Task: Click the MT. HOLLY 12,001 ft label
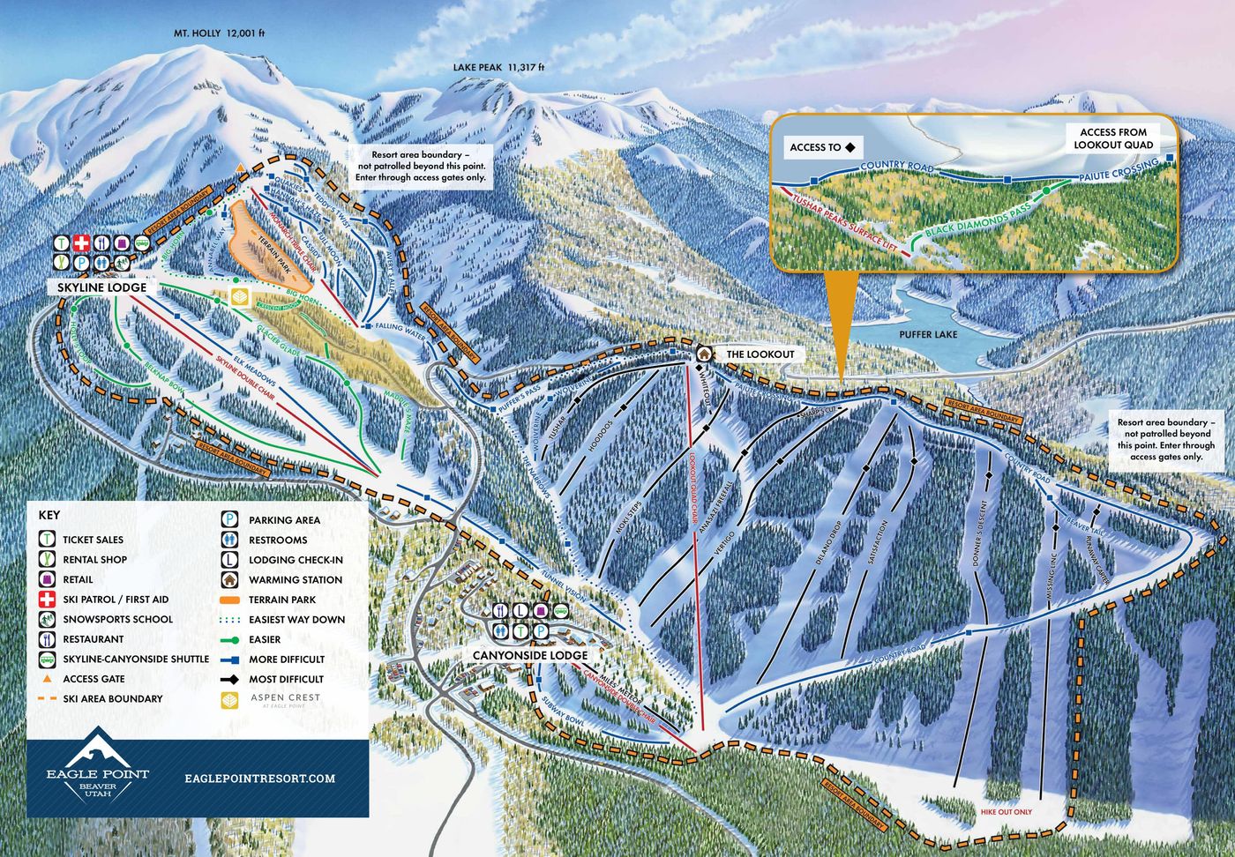pyautogui.click(x=219, y=34)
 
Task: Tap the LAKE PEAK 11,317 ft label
pyautogui.click(x=498, y=67)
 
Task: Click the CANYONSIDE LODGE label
pyautogui.click(x=529, y=655)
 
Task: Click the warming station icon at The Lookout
pyautogui.click(x=704, y=354)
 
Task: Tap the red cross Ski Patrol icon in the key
pyautogui.click(x=47, y=600)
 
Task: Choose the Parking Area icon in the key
pyautogui.click(x=228, y=520)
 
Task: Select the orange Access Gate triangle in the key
pyautogui.click(x=47, y=679)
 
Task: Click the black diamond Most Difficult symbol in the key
pyautogui.click(x=228, y=680)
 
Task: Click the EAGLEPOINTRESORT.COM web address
pyautogui.click(x=261, y=778)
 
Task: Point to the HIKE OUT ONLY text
pyautogui.click(x=1005, y=812)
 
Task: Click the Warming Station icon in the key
pyautogui.click(x=228, y=580)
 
